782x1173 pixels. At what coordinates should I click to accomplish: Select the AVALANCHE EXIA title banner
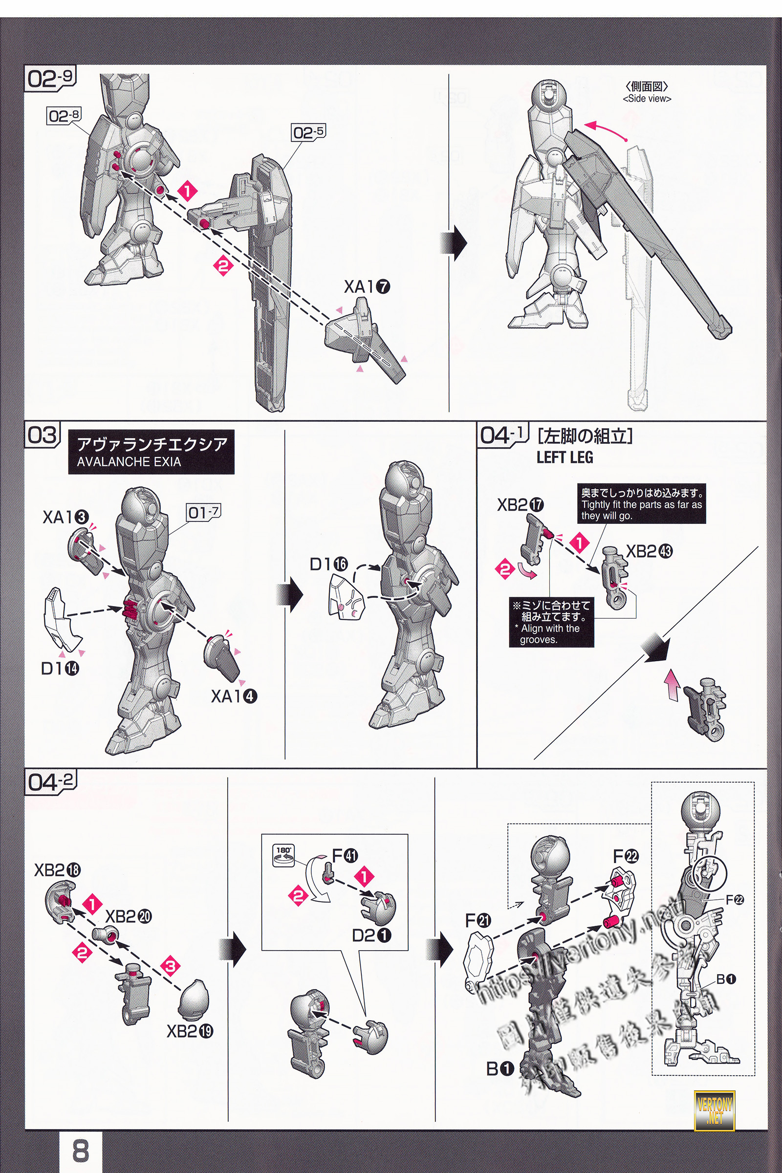(x=151, y=452)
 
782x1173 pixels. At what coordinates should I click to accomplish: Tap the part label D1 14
(x=60, y=668)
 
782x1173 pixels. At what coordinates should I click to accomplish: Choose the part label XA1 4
(x=234, y=695)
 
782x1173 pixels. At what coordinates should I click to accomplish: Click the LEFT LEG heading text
(x=565, y=457)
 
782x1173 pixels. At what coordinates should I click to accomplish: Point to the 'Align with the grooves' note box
(x=551, y=622)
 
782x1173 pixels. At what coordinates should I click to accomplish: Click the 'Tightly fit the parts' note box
(x=641, y=504)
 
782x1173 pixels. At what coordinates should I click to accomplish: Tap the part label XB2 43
(x=650, y=552)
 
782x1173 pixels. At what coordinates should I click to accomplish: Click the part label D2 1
(x=371, y=935)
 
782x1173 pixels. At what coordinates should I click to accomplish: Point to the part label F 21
(x=478, y=921)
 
